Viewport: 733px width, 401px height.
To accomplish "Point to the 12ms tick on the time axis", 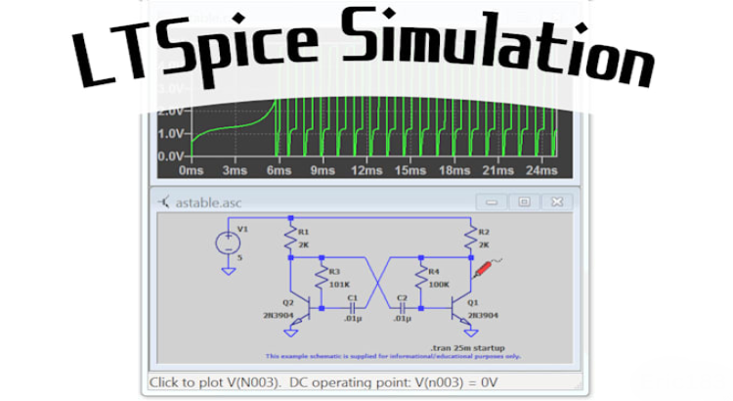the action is pyautogui.click(x=366, y=170).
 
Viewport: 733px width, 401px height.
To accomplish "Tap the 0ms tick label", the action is pyautogui.click(x=192, y=170).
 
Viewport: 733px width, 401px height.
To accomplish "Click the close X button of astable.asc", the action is pyautogui.click(x=556, y=201).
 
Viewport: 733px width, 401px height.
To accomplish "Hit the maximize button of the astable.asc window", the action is pyautogui.click(x=524, y=201).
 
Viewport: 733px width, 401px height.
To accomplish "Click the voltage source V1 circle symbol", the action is pyautogui.click(x=230, y=242).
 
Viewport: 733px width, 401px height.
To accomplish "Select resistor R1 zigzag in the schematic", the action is pyautogui.click(x=290, y=239).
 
